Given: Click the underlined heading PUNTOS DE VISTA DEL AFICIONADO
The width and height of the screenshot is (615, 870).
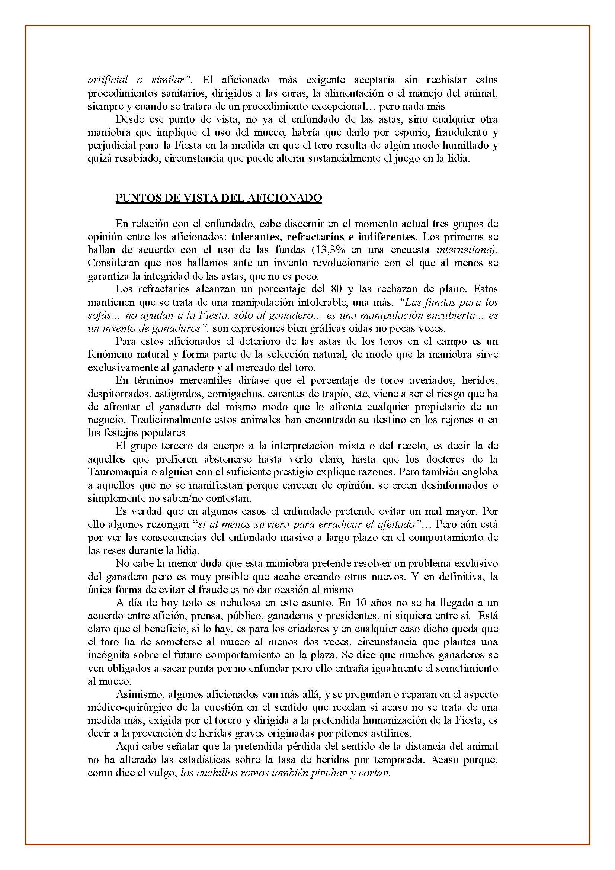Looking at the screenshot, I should pyautogui.click(x=219, y=198).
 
